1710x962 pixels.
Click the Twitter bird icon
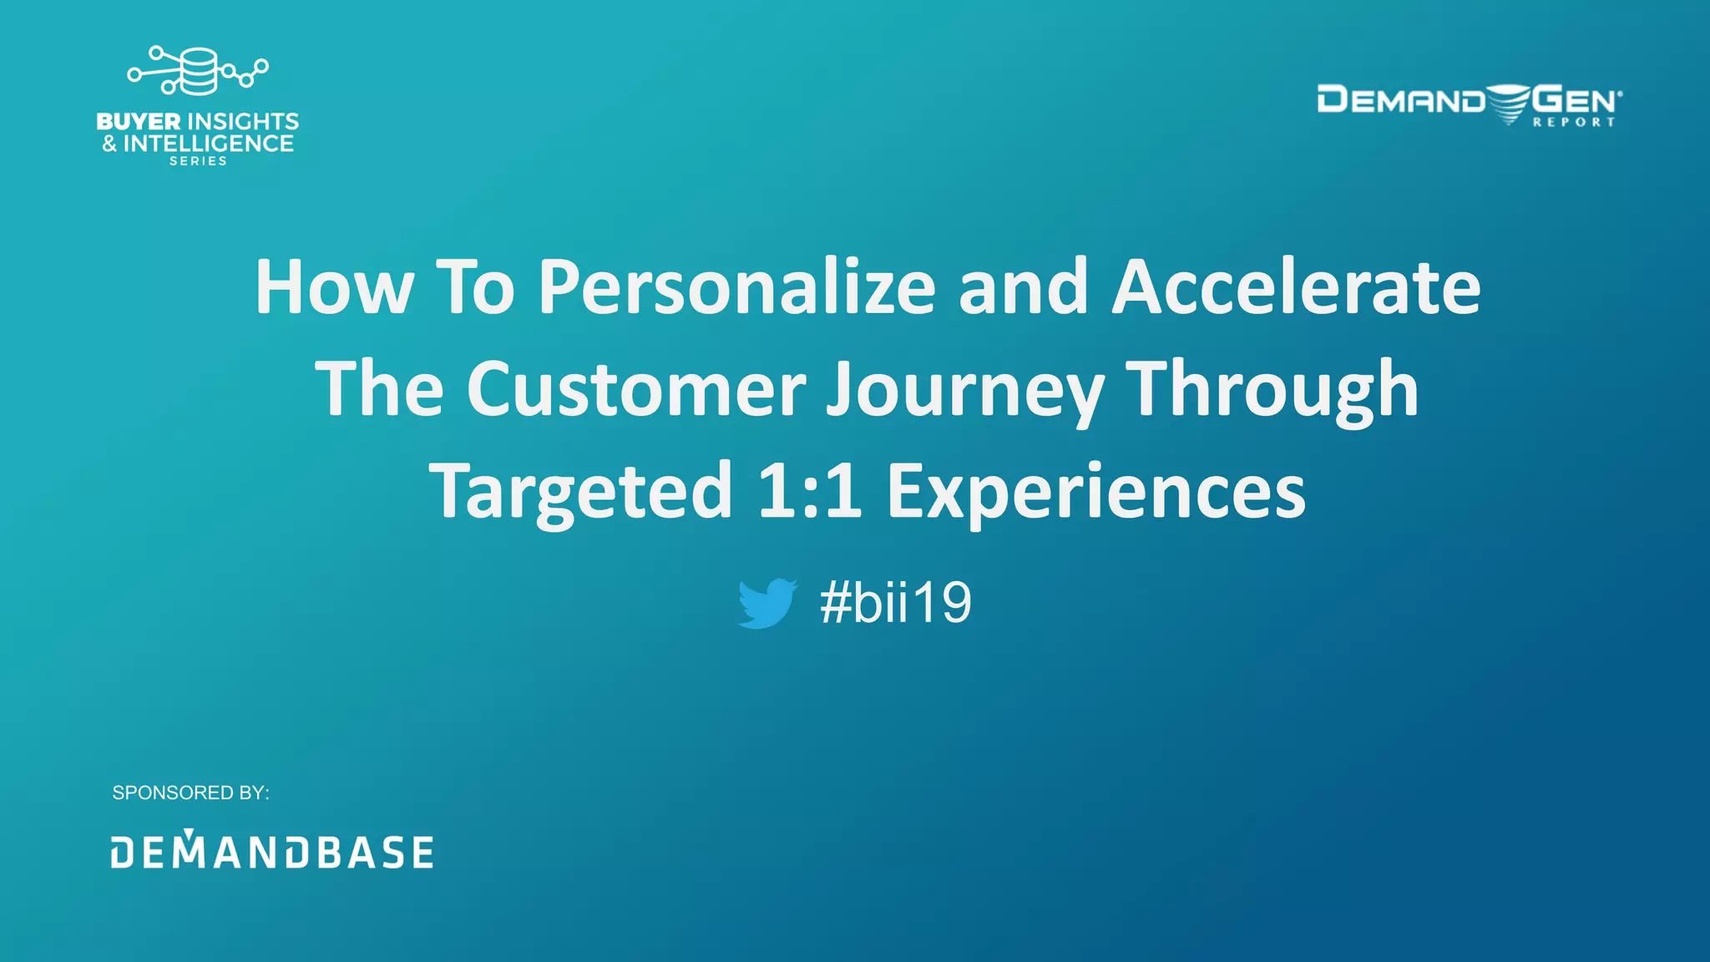767,603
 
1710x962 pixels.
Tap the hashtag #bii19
895,603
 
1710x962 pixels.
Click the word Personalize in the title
736,287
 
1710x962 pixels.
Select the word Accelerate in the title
1296,287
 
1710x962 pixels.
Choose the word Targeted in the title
580,493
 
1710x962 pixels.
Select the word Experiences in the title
1095,493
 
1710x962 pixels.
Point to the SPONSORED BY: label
190,792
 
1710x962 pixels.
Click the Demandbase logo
272,851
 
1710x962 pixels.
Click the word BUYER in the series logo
139,122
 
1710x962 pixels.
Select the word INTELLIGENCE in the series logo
208,144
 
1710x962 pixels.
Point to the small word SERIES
198,161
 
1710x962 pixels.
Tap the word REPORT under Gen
1574,122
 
